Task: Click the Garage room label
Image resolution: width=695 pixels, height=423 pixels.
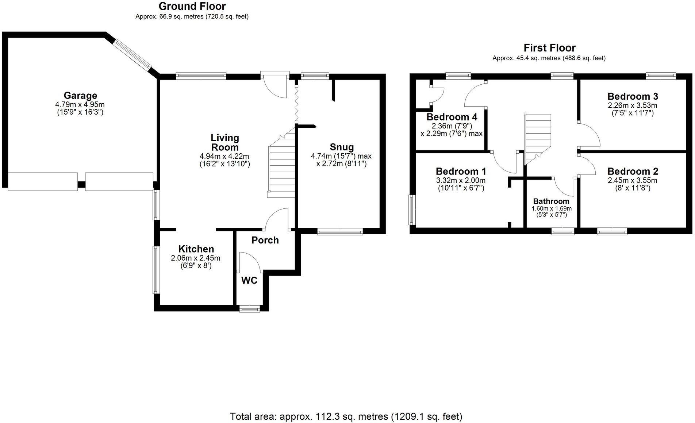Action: (80, 96)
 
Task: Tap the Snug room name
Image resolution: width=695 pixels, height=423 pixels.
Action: (342, 147)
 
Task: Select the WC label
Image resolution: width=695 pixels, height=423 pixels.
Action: (249, 280)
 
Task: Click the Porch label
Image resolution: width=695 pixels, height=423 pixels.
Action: (265, 240)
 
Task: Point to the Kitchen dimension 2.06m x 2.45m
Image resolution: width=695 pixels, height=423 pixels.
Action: (195, 258)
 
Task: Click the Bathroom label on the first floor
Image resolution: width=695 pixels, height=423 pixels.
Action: (551, 201)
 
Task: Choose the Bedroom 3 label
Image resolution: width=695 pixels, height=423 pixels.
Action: (633, 96)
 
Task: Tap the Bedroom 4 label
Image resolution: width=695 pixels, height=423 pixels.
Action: (452, 117)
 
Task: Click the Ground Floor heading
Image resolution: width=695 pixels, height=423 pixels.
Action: (192, 6)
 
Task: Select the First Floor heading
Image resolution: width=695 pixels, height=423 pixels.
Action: (549, 48)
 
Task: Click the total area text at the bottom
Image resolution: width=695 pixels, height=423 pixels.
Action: (346, 416)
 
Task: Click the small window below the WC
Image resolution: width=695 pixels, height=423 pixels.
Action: (250, 309)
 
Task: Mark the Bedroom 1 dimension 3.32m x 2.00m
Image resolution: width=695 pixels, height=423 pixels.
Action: (461, 180)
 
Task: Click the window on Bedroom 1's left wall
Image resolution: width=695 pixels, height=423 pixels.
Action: (412, 210)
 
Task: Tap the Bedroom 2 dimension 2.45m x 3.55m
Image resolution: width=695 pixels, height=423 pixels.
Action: (632, 180)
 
